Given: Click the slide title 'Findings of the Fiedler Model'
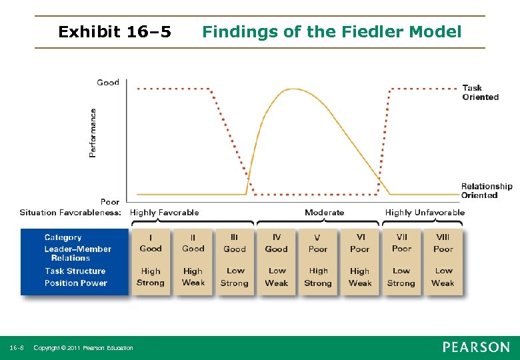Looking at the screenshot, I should click(331, 31).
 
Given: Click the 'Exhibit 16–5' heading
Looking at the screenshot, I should click(115, 31).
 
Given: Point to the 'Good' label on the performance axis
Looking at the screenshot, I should click(108, 83).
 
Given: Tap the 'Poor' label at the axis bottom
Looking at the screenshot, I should click(110, 201).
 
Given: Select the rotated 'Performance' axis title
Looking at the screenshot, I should click(93, 133).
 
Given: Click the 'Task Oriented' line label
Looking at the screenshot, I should click(480, 92).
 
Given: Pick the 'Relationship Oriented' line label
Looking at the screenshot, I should click(487, 191).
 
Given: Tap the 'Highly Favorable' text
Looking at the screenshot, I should click(164, 213).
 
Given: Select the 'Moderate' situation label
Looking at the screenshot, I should click(324, 213).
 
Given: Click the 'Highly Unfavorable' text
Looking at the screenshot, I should click(425, 213).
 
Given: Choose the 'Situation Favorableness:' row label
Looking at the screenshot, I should click(70, 213).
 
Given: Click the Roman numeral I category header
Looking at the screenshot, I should click(150, 237).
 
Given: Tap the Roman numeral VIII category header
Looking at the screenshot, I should click(443, 237).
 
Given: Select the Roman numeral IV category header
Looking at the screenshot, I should click(277, 237).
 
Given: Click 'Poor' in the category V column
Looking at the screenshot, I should click(318, 249).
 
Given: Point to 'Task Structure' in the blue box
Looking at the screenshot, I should click(75, 271).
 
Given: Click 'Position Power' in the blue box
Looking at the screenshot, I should click(76, 283).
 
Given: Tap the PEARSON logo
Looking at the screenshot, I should click(476, 347).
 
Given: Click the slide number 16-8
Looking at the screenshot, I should click(17, 348).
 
